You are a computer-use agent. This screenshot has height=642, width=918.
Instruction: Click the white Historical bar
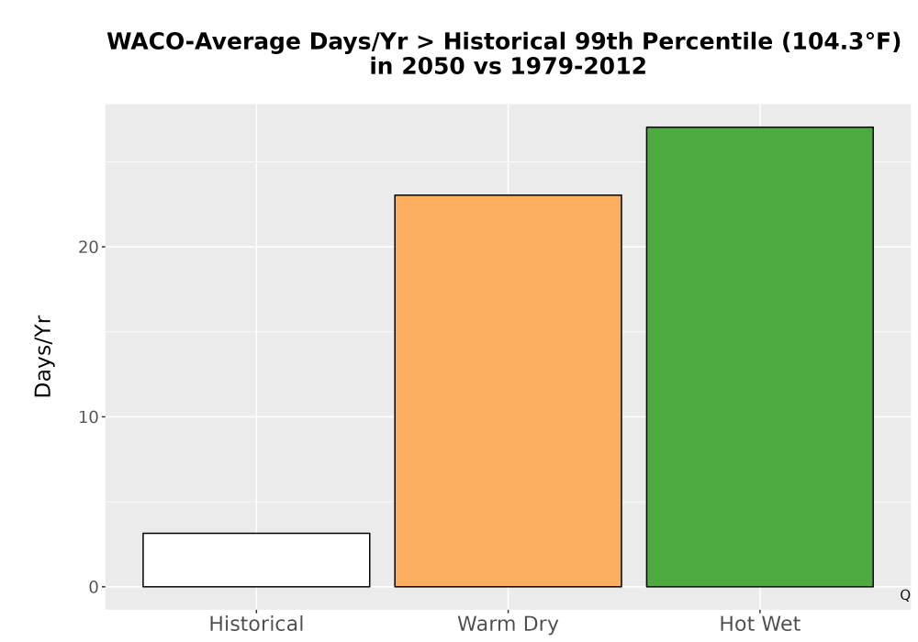click(x=256, y=559)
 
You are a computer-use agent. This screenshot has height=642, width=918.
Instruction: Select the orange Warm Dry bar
click(x=509, y=391)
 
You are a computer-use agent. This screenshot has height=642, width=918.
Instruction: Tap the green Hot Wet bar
click(x=760, y=357)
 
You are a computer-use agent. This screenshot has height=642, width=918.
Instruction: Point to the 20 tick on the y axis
click(x=88, y=248)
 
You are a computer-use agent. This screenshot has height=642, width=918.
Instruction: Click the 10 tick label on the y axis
click(x=88, y=417)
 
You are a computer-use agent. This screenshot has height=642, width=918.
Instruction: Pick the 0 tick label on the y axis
click(x=94, y=588)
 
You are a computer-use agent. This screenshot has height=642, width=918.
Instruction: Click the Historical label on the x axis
click(x=256, y=624)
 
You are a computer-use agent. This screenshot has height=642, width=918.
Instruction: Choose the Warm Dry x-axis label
click(x=509, y=625)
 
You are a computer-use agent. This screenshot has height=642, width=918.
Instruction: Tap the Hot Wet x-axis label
click(x=760, y=624)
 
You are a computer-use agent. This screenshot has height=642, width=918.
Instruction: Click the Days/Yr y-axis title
click(x=43, y=357)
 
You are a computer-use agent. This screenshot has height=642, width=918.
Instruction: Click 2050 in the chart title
click(x=433, y=66)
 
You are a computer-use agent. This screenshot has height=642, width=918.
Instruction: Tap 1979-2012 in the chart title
click(x=578, y=66)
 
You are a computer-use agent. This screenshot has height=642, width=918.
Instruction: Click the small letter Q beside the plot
click(x=905, y=595)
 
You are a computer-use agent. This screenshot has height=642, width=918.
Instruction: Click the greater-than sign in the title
click(x=426, y=42)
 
